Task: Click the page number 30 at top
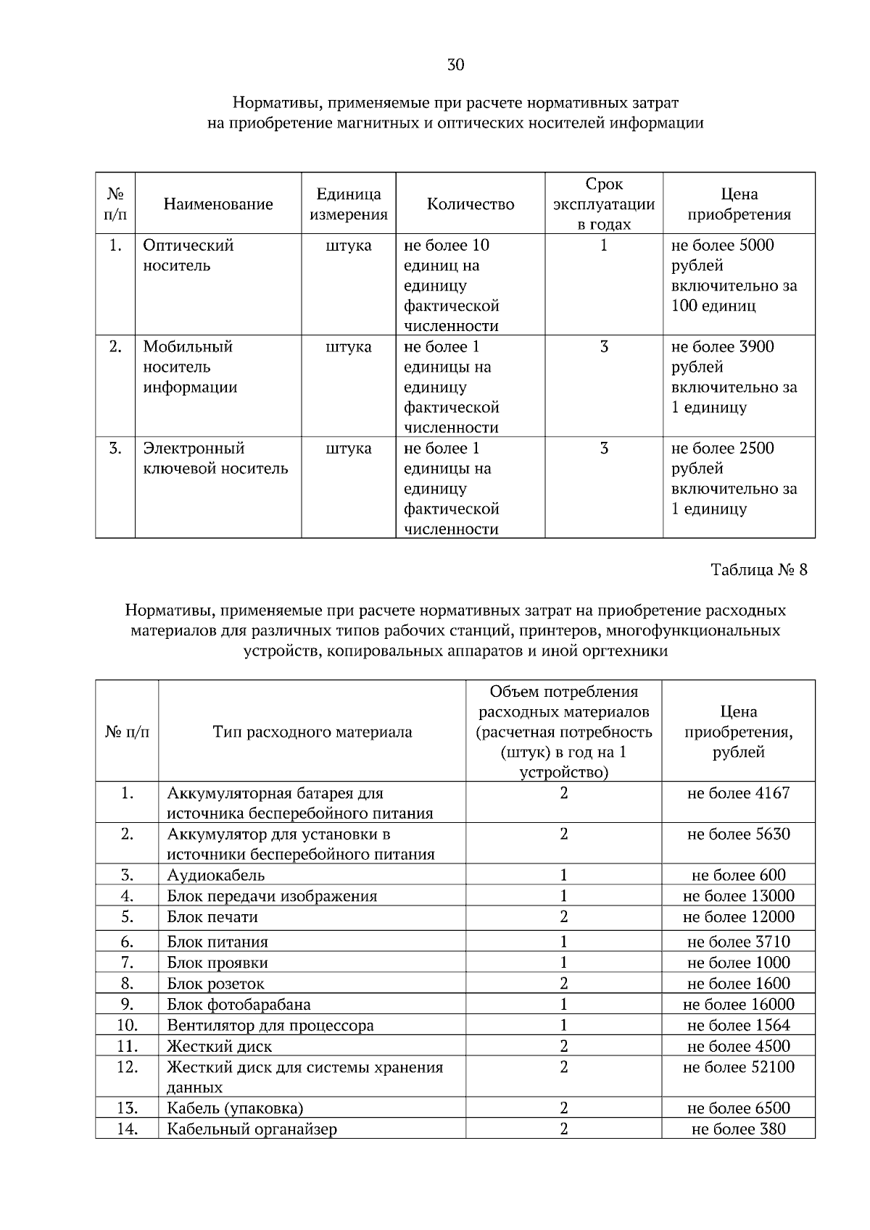pyautogui.click(x=455, y=65)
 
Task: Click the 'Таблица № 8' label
pyautogui.click(x=758, y=569)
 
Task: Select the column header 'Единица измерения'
pyautogui.click(x=349, y=204)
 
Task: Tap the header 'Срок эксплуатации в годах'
pyautogui.click(x=603, y=204)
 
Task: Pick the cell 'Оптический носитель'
pyautogui.click(x=188, y=255)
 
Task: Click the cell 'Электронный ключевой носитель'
pyautogui.click(x=215, y=458)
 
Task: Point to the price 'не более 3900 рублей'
pyautogui.click(x=722, y=356)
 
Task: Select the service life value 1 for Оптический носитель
pyautogui.click(x=603, y=246)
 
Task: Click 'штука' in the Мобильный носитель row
pyautogui.click(x=349, y=347)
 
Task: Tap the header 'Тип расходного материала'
pyautogui.click(x=312, y=732)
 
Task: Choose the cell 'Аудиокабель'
pyautogui.click(x=215, y=875)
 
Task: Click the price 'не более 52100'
pyautogui.click(x=738, y=1067)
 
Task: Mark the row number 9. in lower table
pyautogui.click(x=127, y=1004)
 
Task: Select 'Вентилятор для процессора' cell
pyautogui.click(x=270, y=1025)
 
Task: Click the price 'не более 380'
pyautogui.click(x=738, y=1129)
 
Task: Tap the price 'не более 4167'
pyautogui.click(x=738, y=793)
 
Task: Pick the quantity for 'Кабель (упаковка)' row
pyautogui.click(x=563, y=1108)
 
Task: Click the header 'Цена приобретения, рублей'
pyautogui.click(x=738, y=732)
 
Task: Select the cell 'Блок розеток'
pyautogui.click(x=215, y=984)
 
